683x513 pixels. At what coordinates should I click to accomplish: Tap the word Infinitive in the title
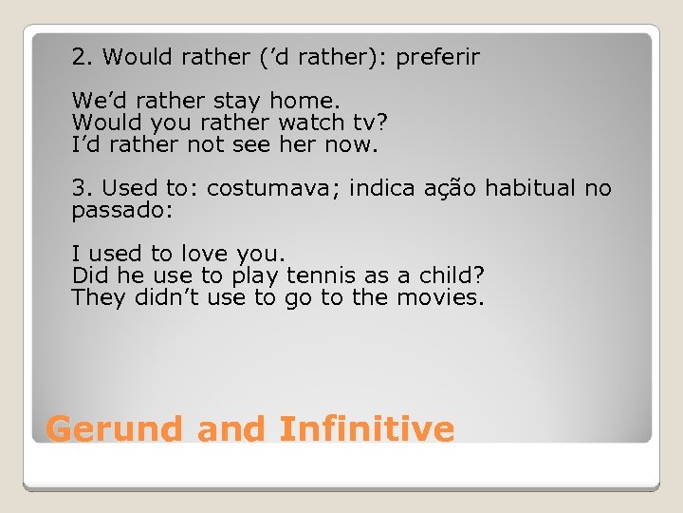pos(367,428)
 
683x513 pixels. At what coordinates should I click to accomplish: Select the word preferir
pos(438,57)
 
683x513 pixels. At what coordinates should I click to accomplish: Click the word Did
pos(87,275)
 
